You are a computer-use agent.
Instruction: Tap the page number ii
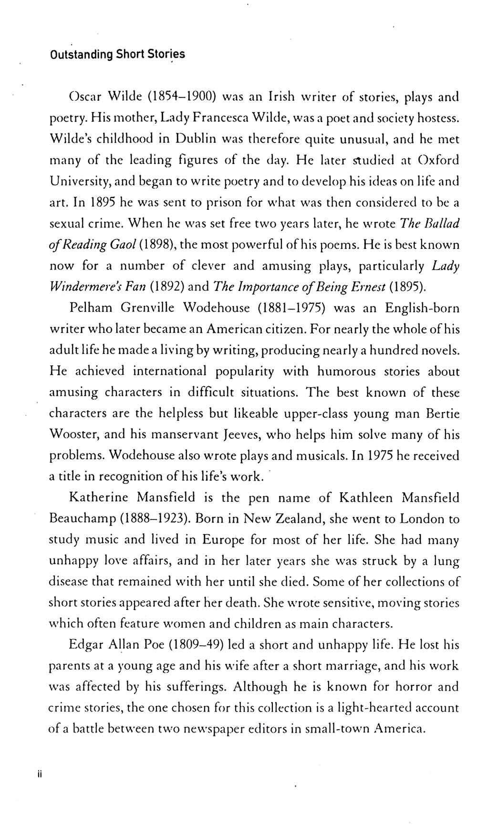pos(40,775)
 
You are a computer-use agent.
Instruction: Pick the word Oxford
pos(438,160)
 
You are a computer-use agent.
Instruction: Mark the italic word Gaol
pos(124,245)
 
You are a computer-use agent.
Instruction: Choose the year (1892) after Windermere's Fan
pos(167,287)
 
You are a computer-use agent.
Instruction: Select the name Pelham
pos(91,308)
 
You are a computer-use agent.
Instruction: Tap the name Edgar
pos(86,645)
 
